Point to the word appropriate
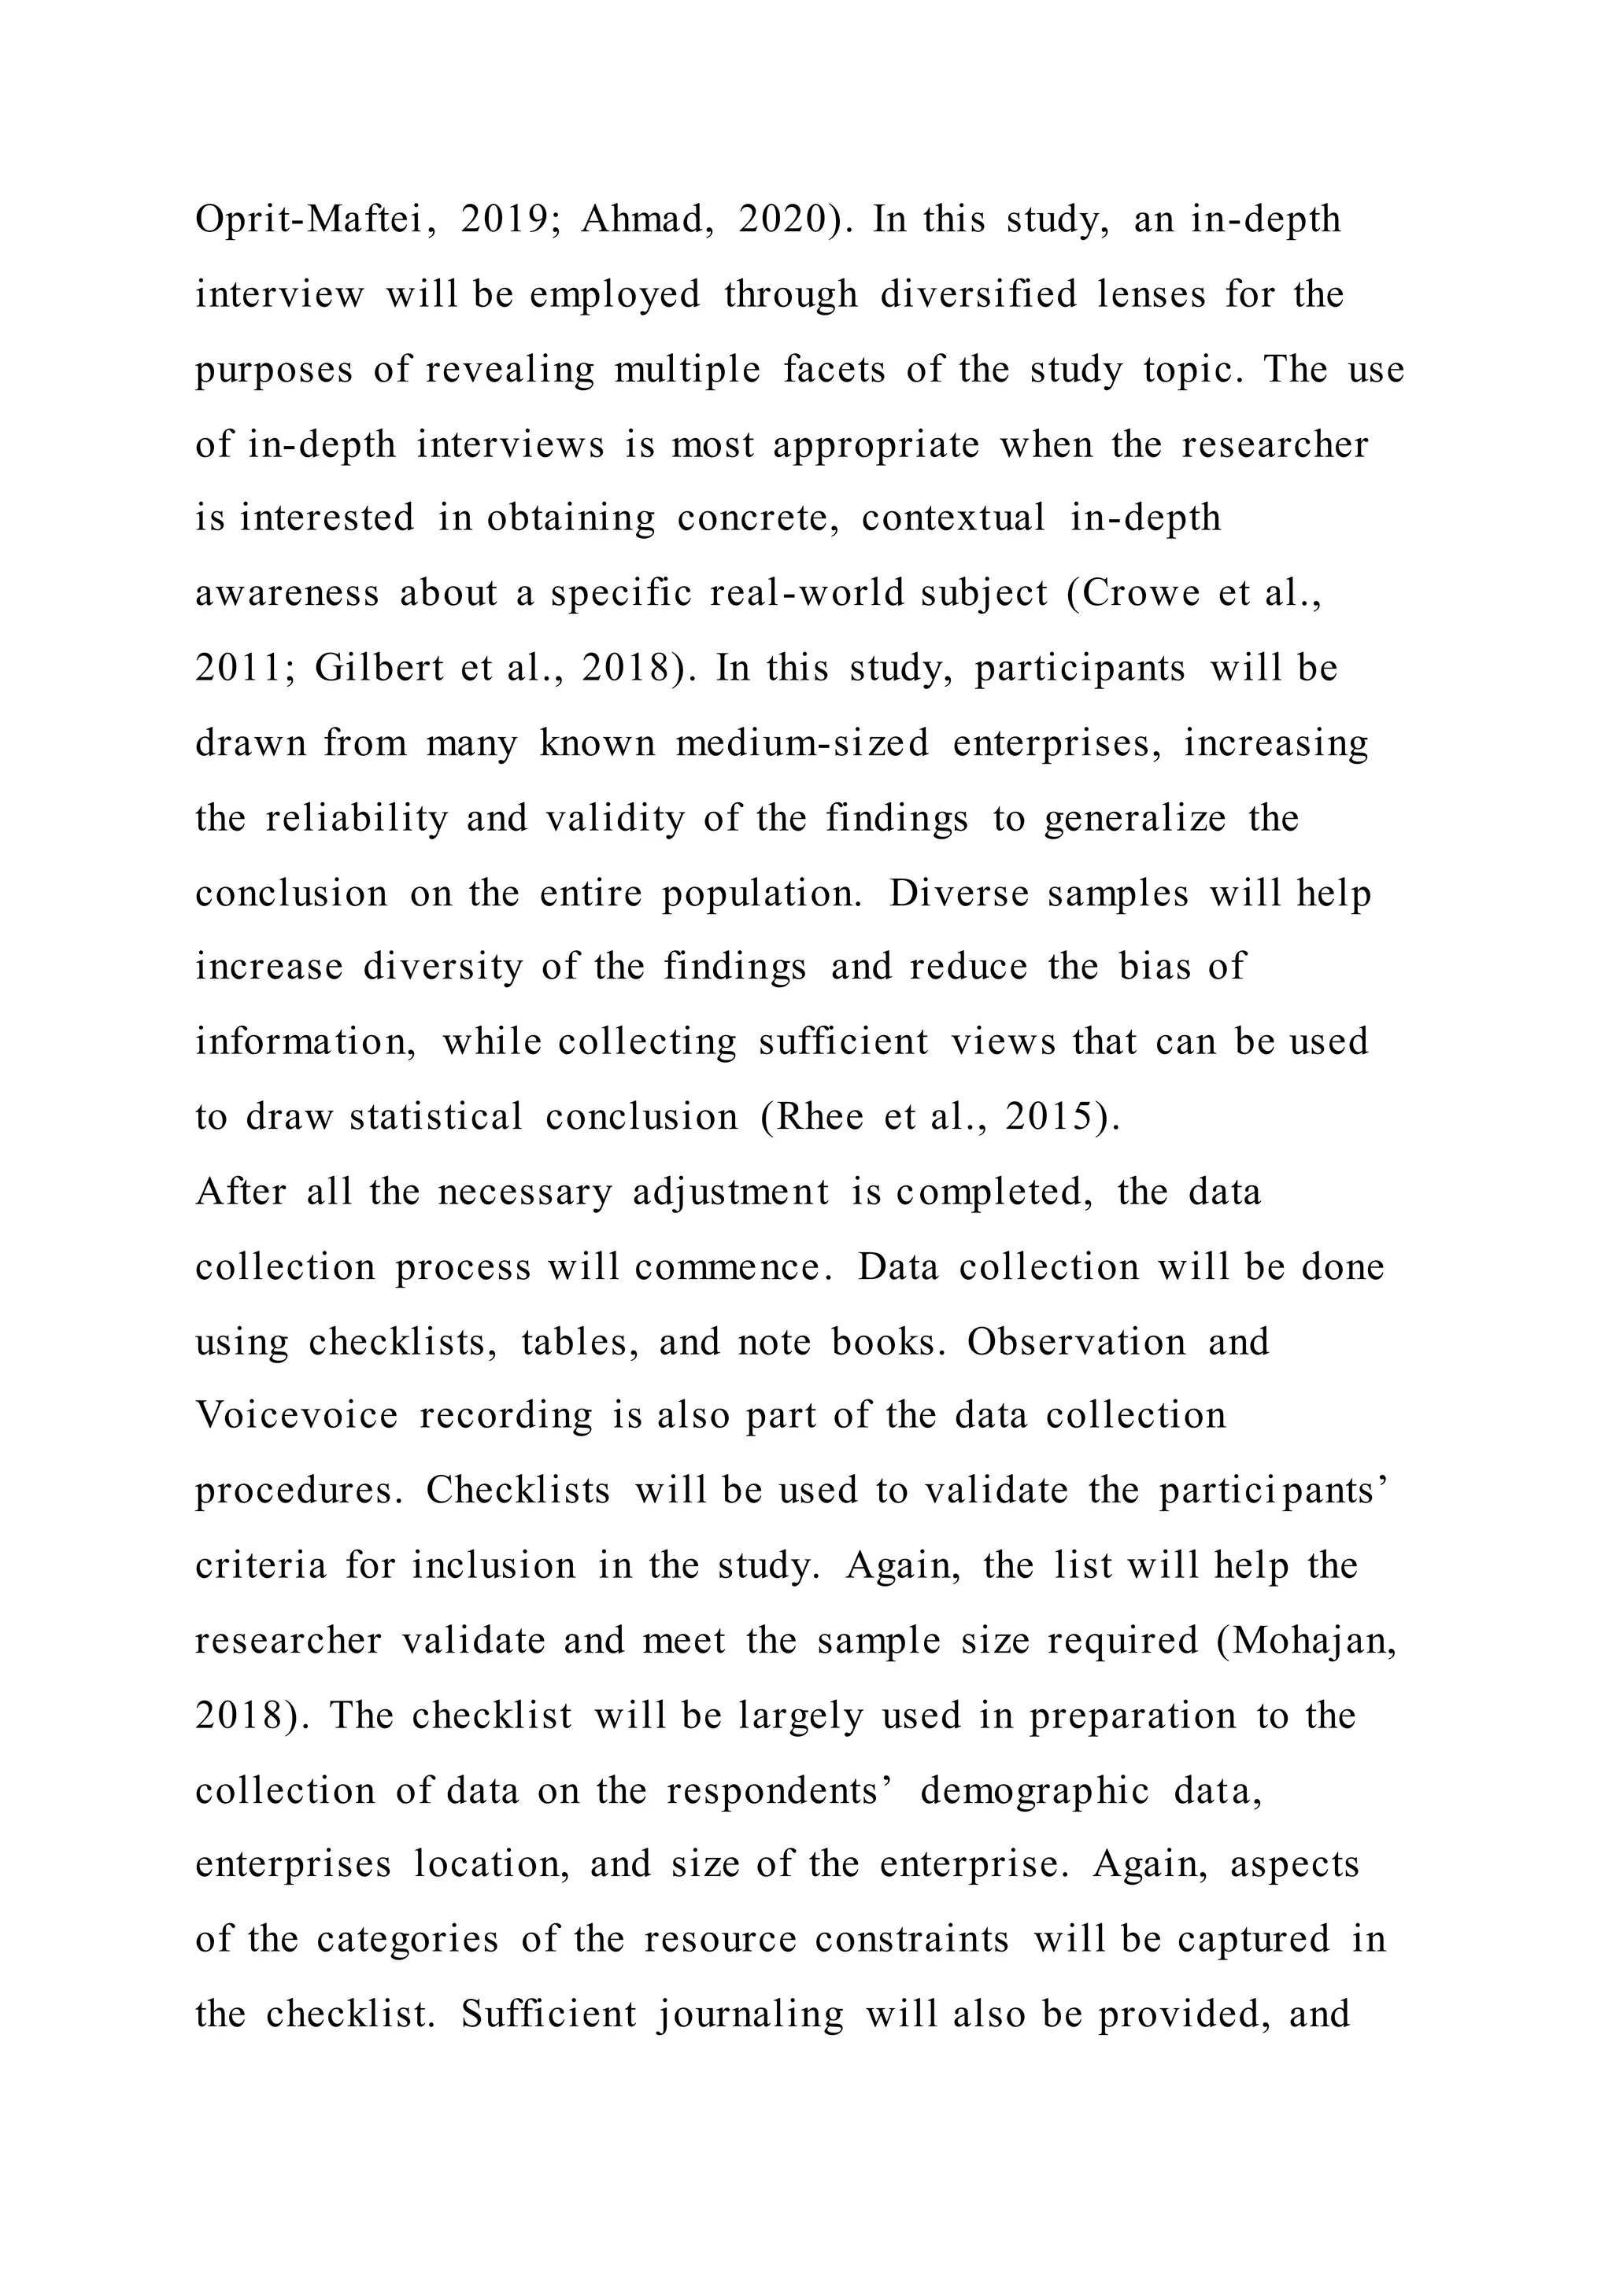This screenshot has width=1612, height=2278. tap(875, 444)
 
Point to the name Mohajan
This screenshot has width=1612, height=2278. tap(1308, 1641)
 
